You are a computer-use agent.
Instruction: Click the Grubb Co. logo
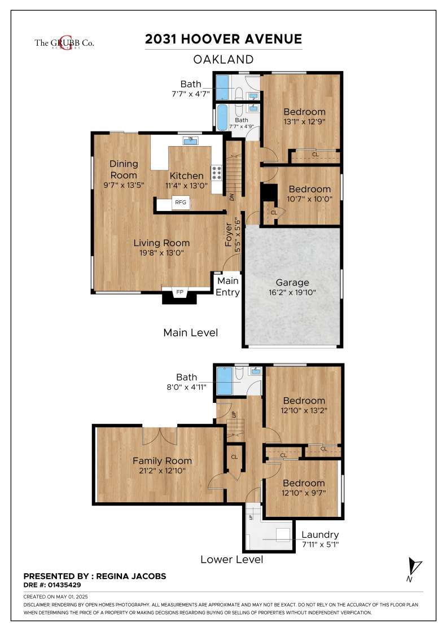[x=64, y=43]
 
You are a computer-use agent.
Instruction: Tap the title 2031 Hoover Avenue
[x=224, y=39]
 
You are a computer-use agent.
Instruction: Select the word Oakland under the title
[x=224, y=59]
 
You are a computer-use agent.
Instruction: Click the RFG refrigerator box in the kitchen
[x=181, y=203]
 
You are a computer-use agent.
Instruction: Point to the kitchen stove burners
[x=217, y=173]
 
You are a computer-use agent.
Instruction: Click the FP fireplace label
[x=180, y=292]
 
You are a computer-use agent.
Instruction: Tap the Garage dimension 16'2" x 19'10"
[x=292, y=293]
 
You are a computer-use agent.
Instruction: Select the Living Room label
[x=161, y=243]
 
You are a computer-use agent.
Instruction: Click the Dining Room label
[x=124, y=169]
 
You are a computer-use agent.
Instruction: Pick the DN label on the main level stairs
[x=231, y=197]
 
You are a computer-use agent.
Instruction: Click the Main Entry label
[x=227, y=286]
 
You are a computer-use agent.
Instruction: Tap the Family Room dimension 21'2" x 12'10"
[x=162, y=471]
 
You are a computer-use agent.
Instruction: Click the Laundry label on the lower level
[x=320, y=534]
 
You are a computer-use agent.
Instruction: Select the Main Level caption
[x=191, y=332]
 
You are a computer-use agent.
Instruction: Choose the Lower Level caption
[x=232, y=559]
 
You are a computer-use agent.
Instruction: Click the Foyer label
[x=229, y=235]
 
